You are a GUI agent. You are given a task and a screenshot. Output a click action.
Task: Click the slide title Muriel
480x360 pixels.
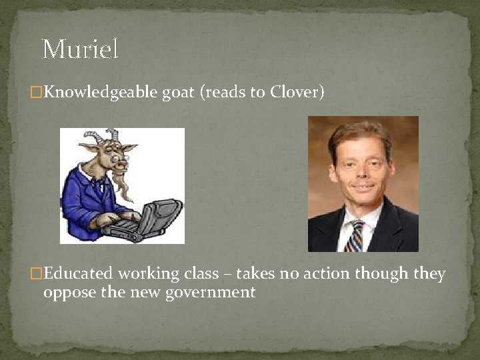pyautogui.click(x=80, y=49)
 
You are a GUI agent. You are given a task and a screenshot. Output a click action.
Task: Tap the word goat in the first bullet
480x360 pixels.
pyautogui.click(x=178, y=93)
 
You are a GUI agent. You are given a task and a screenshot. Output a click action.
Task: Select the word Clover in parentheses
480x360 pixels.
pyautogui.click(x=295, y=92)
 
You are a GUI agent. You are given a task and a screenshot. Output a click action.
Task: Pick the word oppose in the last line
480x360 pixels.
pyautogui.click(x=66, y=292)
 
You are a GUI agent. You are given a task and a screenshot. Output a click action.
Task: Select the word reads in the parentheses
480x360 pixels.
pyautogui.click(x=224, y=92)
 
